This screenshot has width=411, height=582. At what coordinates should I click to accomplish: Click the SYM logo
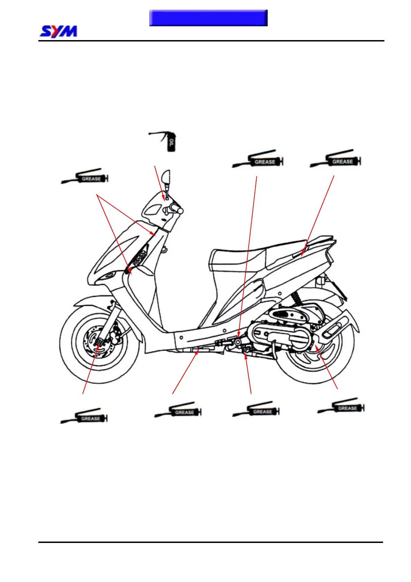point(58,31)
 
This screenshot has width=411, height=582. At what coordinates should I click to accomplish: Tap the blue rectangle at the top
point(208,18)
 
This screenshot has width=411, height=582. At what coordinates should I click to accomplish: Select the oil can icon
point(167,141)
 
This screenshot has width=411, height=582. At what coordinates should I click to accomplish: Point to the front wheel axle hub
point(99,342)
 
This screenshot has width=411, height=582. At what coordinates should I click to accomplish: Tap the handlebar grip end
point(180,210)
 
